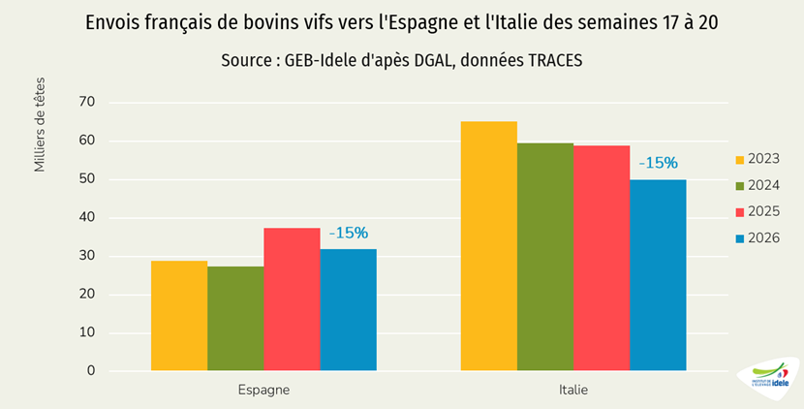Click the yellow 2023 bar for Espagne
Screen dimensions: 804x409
[x=179, y=316]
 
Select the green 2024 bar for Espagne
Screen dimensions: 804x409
[x=235, y=318]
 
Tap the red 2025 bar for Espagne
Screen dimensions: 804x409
[x=293, y=299]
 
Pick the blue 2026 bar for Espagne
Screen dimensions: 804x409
[x=349, y=310]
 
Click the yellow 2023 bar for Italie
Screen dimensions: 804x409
[x=489, y=246]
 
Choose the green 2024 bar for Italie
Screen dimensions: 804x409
[x=545, y=257]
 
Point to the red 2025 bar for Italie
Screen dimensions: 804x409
[x=602, y=258]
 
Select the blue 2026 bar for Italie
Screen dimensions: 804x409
[x=659, y=275]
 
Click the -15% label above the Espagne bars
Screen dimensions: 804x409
[x=349, y=233]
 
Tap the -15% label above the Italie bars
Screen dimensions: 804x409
[x=659, y=163]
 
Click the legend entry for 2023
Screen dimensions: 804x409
[x=758, y=159]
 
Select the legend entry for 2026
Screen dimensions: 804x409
[x=758, y=238]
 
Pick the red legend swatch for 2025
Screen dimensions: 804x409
[x=740, y=212]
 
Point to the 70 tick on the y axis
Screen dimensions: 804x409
[x=87, y=102]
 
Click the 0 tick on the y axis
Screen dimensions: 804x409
[x=91, y=370]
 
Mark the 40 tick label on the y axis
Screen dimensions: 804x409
[x=87, y=218]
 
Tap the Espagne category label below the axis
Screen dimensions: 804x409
[x=263, y=391]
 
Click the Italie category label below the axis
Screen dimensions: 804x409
[x=573, y=390]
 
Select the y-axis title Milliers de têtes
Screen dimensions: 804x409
[x=40, y=125]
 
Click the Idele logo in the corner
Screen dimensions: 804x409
[x=769, y=378]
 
